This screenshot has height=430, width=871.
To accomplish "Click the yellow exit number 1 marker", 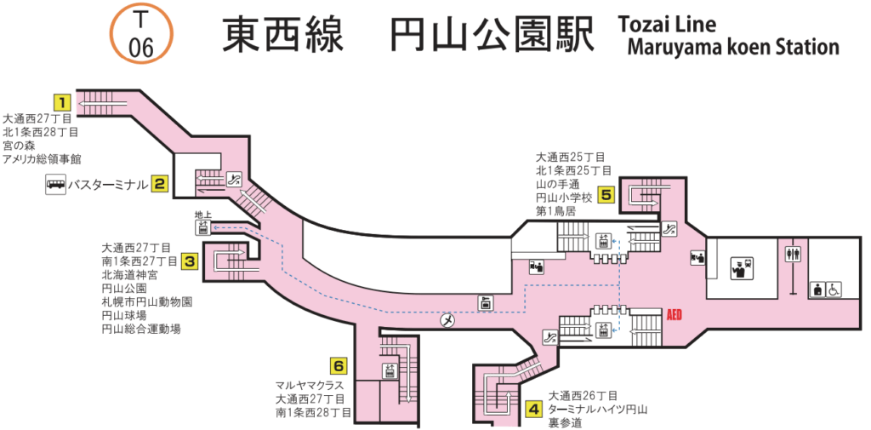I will pyautogui.click(x=61, y=100).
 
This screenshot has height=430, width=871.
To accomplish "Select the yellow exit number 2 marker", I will pyautogui.click(x=159, y=183).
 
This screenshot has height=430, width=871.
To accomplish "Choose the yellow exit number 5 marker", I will pyautogui.click(x=606, y=194).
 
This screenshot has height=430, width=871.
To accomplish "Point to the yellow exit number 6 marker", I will pyautogui.click(x=339, y=367).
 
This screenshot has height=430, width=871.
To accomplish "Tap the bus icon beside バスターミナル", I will pyautogui.click(x=56, y=184).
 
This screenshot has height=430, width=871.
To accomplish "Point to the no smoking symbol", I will pyautogui.click(x=448, y=320).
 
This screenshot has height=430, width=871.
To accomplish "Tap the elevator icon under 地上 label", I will pyautogui.click(x=202, y=227).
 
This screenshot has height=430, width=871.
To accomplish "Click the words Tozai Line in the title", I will pyautogui.click(x=669, y=24).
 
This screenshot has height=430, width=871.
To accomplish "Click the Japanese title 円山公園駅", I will pyautogui.click(x=492, y=34).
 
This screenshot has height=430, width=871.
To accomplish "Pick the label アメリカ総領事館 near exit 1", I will pyautogui.click(x=41, y=159).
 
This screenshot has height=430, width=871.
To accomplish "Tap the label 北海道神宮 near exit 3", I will pyautogui.click(x=129, y=274).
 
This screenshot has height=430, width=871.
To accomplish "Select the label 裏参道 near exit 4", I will pyautogui.click(x=566, y=422).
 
